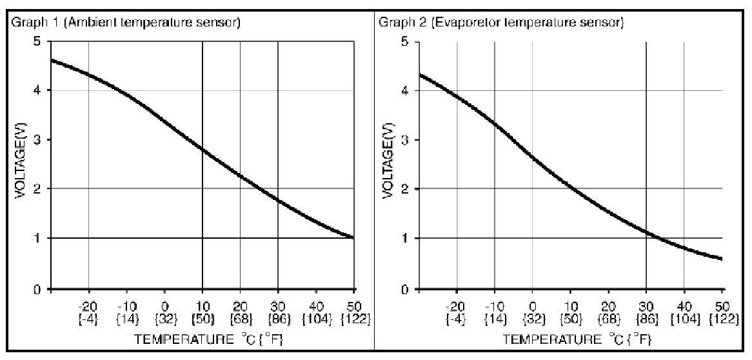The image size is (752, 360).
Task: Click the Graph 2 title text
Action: pyautogui.click(x=500, y=24)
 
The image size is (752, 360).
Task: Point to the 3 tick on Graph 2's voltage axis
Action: pyautogui.click(x=404, y=140)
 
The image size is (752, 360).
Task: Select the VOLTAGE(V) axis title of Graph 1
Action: pyautogui.click(x=20, y=165)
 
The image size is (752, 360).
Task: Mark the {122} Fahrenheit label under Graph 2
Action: pyautogui.click(x=724, y=319)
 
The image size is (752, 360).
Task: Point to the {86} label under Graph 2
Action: pyautogui.click(x=646, y=319)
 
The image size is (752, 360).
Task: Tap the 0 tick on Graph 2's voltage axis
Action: pyautogui.click(x=404, y=290)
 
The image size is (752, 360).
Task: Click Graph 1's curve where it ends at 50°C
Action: pyautogui.click(x=353, y=237)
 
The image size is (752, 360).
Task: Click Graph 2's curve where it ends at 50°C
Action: pyautogui.click(x=721, y=259)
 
